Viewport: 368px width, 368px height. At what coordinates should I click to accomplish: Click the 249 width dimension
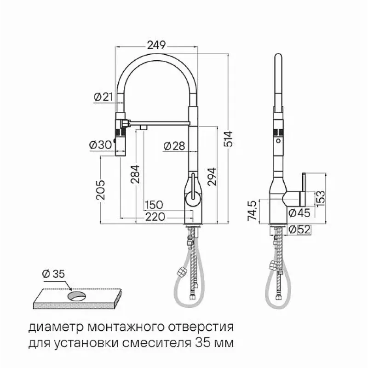point(156,45)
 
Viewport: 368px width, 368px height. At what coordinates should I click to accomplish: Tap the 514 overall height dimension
point(228,139)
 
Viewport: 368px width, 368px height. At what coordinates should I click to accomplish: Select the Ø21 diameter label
point(103,97)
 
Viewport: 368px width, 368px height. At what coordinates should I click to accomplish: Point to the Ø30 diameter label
point(100,145)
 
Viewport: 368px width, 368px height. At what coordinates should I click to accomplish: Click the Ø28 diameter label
point(174,146)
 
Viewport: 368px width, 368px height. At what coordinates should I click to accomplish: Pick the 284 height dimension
point(135,174)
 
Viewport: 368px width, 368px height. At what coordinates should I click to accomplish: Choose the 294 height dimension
point(212,176)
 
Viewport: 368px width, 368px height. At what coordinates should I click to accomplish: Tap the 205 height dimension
point(101,190)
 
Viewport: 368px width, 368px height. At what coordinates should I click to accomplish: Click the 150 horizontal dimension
point(154,205)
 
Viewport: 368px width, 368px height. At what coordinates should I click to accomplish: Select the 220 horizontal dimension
point(155,217)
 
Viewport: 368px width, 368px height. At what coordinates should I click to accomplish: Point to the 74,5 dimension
point(252,211)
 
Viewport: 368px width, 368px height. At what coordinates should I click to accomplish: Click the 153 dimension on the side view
point(321,199)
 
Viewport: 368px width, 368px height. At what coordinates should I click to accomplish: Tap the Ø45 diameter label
point(299,213)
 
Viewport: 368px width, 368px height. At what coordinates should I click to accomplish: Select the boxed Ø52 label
point(300,230)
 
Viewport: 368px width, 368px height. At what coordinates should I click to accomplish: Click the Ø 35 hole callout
point(53,274)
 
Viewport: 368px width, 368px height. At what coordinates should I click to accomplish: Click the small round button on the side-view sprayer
point(278,141)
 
